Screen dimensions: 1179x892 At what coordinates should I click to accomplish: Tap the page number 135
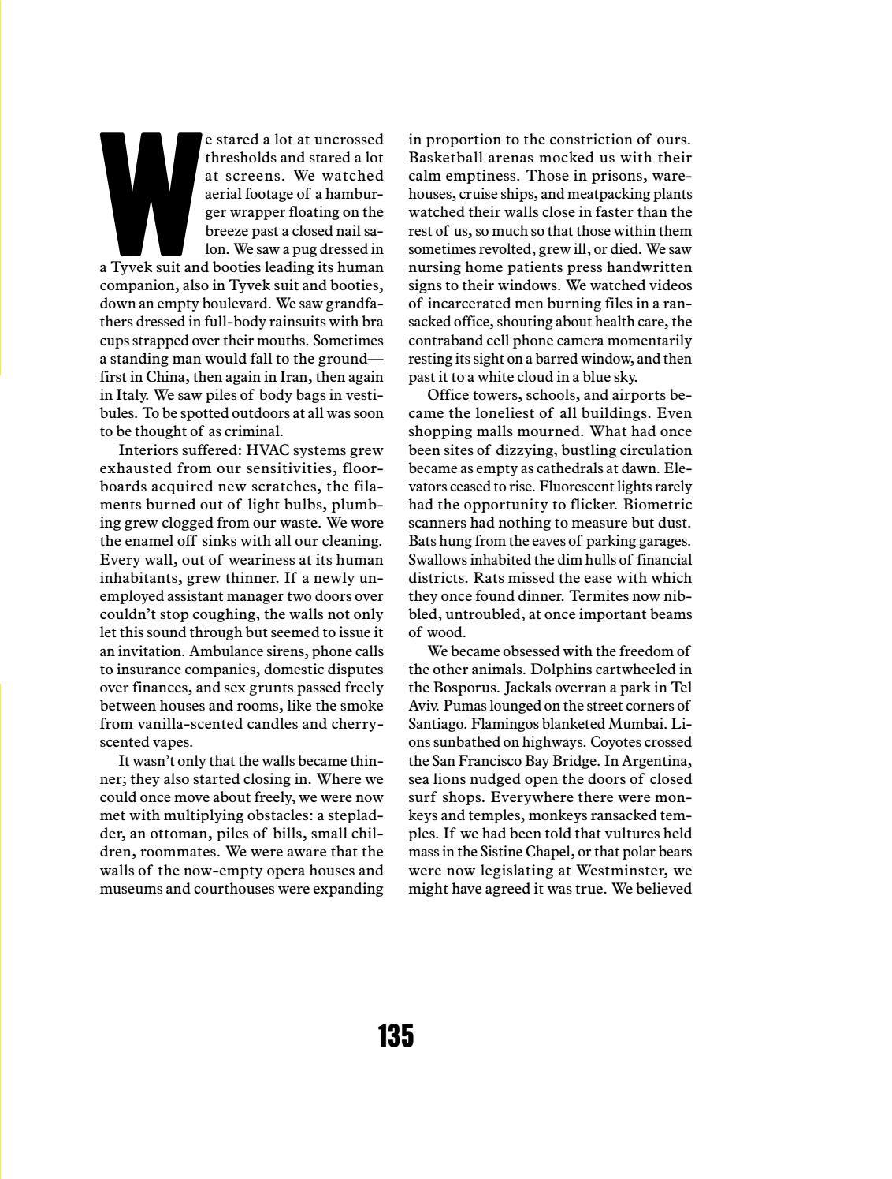coord(396,1035)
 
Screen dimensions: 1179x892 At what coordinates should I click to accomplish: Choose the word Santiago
coord(437,724)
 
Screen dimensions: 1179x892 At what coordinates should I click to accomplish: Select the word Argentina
coord(656,761)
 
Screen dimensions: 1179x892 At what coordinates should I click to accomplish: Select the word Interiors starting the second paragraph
coord(148,451)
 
